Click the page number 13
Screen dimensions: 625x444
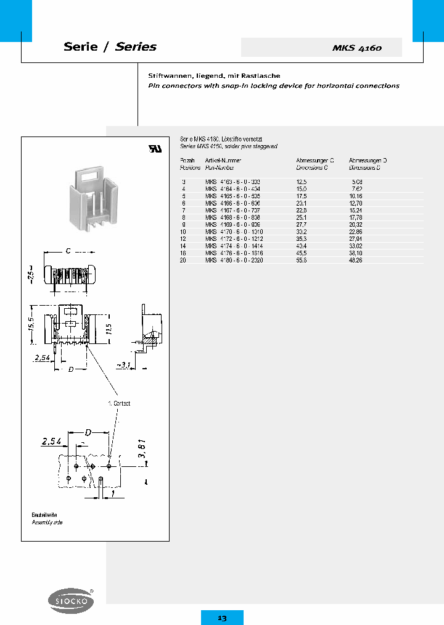point(222,618)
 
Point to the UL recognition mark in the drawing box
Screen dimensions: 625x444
point(154,149)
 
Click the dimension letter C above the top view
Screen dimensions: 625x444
point(67,252)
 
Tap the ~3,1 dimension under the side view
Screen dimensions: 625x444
point(123,365)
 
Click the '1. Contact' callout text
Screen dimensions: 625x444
point(119,403)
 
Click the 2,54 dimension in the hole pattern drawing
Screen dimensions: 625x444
point(52,441)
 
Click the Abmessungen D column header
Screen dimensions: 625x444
point(368,160)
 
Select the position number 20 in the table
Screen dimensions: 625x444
point(183,261)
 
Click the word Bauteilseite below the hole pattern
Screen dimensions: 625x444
point(44,514)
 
